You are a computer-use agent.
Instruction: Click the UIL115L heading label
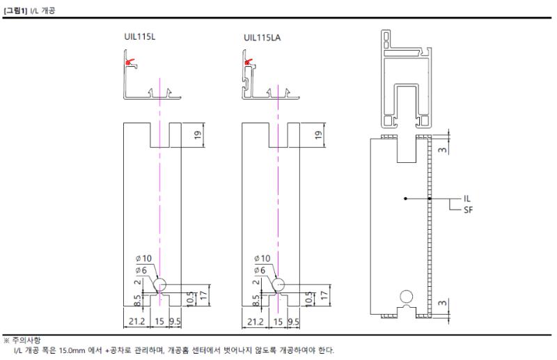tap(140, 37)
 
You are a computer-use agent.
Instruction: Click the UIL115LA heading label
tap(262, 38)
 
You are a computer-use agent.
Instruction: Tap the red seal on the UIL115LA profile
tap(249, 62)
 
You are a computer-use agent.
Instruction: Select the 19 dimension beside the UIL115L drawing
tap(198, 134)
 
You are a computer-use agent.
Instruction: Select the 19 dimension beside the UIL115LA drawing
tap(318, 134)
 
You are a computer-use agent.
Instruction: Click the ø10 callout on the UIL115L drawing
tap(143, 258)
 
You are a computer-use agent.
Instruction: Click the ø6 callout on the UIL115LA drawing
tap(260, 270)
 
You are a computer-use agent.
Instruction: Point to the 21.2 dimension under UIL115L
tap(136, 322)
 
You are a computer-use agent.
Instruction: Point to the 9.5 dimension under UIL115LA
tap(293, 322)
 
